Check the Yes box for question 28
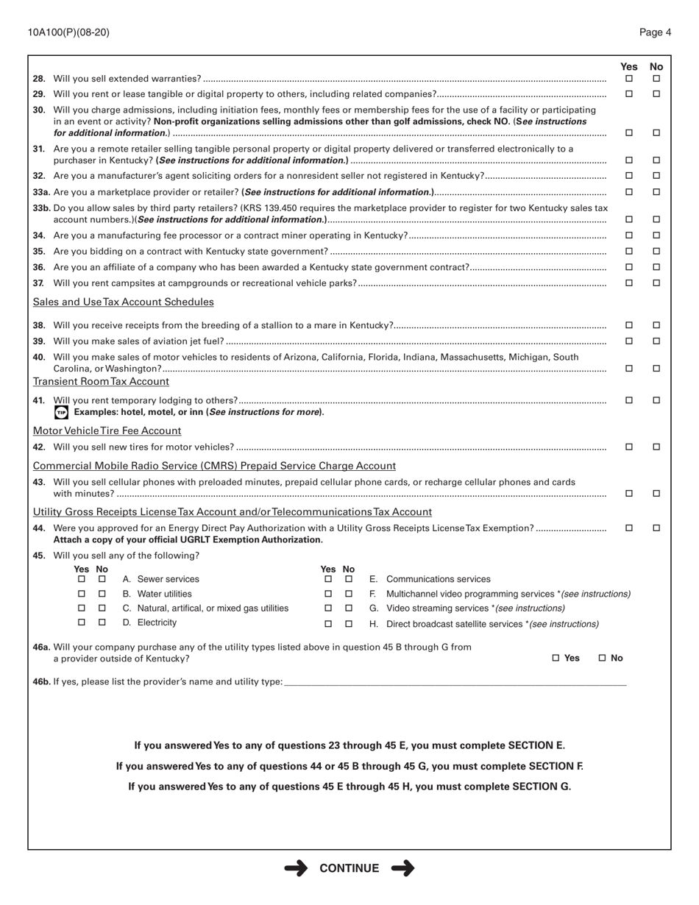(x=629, y=79)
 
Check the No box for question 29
(x=656, y=94)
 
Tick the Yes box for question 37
(x=629, y=283)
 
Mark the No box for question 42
(x=656, y=447)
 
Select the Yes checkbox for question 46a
(x=556, y=659)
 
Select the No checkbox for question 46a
(x=603, y=659)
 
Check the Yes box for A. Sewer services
(x=82, y=580)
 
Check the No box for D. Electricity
(x=102, y=623)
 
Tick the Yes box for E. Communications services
(x=328, y=580)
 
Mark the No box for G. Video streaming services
(x=349, y=608)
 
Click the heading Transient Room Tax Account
(x=101, y=382)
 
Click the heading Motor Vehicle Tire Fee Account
(x=107, y=431)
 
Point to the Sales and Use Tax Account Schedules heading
(x=124, y=302)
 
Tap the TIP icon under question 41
(x=61, y=413)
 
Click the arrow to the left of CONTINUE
(x=296, y=869)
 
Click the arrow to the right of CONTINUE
(x=403, y=869)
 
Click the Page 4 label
(x=655, y=32)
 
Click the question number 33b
(x=41, y=209)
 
